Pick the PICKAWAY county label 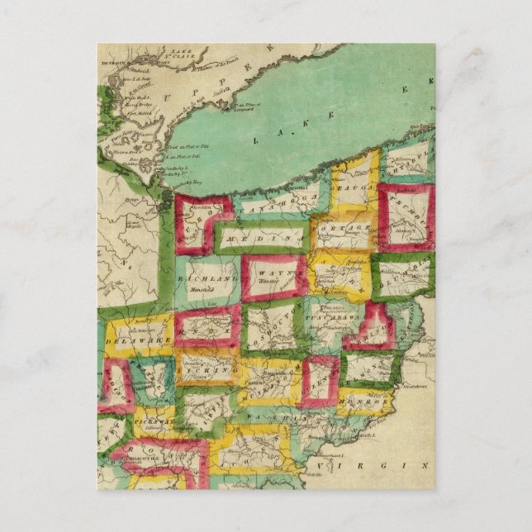click(x=152, y=422)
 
